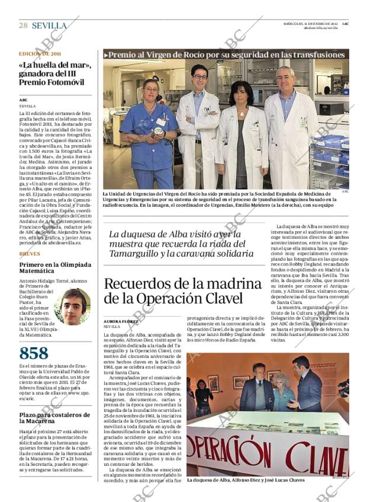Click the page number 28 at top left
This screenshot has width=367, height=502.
coord(23,25)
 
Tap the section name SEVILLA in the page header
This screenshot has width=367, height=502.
coord(49,25)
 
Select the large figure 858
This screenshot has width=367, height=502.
coord(34,353)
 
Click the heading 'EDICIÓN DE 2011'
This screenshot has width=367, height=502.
coord(40,53)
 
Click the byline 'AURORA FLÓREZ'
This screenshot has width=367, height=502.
coord(120,321)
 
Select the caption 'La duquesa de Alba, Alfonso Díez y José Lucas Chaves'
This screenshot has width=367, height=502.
coord(245,480)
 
